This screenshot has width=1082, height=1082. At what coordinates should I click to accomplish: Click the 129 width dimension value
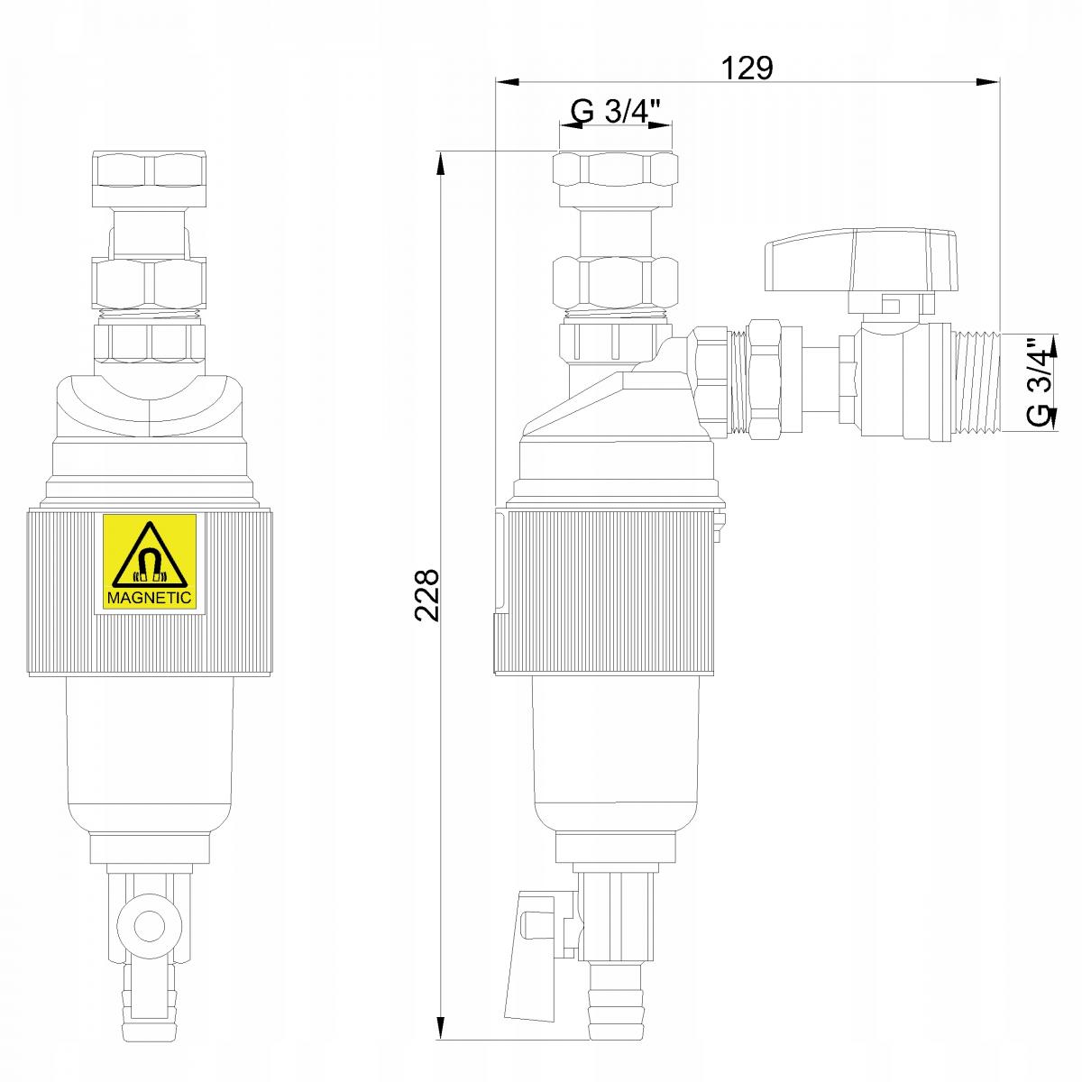[747, 68]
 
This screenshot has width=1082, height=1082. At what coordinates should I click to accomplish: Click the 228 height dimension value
[426, 595]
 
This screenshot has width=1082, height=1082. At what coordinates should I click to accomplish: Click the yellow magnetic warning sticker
[150, 562]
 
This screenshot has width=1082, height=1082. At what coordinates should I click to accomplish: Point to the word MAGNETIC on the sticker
[150, 597]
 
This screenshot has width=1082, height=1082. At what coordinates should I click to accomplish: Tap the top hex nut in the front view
[151, 170]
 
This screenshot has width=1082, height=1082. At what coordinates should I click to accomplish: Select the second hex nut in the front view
[151, 280]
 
